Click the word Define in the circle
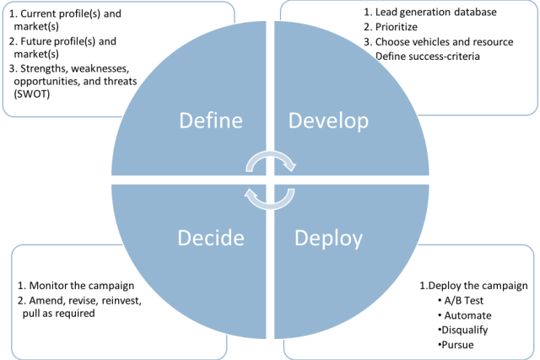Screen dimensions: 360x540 [212, 121]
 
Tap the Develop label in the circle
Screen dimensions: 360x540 [329, 121]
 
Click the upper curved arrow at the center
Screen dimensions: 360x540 [270, 160]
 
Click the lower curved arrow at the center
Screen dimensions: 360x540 [270, 197]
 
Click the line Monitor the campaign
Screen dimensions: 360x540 [77, 285]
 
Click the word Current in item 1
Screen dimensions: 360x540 [42, 13]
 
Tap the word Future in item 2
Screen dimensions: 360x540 [38, 40]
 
